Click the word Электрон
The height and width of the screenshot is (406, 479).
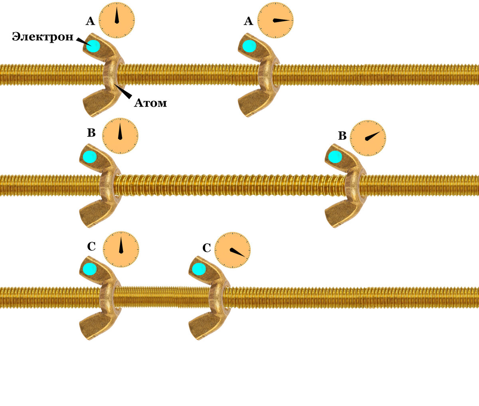43,37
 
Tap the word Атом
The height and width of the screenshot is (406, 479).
150,102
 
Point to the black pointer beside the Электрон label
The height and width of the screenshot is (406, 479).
84,42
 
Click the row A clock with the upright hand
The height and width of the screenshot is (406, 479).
117,20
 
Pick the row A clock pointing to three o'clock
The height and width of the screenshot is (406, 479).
275,20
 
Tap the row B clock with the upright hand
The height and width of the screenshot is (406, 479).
120,136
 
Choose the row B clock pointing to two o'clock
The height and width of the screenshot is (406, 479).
368,138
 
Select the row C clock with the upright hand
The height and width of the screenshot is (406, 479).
121,249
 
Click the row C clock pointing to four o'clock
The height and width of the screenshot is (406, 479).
232,250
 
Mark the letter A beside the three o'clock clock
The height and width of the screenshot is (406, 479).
248,21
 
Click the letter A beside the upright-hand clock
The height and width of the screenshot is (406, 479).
90,21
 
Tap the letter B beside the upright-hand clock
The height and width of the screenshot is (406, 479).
91,133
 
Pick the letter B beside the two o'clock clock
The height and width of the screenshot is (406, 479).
342,136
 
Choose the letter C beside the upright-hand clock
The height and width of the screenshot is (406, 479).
91,246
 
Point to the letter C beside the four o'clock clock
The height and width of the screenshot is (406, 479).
206,248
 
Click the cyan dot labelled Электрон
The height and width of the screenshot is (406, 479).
93,46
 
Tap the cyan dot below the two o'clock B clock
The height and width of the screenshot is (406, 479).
335,157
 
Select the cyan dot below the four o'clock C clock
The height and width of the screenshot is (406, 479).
199,269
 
